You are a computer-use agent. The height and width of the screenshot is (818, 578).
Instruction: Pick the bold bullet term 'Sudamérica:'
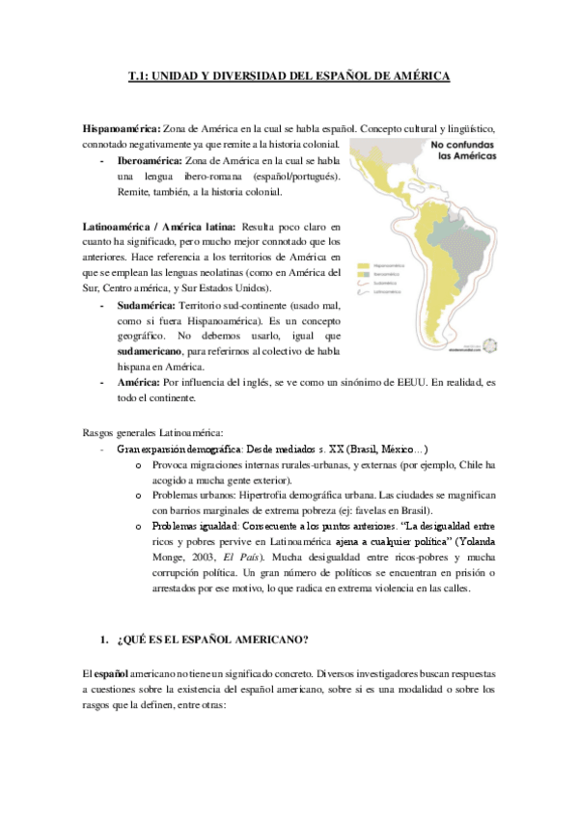click(148, 304)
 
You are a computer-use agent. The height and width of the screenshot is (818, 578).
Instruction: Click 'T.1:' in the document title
click(142, 74)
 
